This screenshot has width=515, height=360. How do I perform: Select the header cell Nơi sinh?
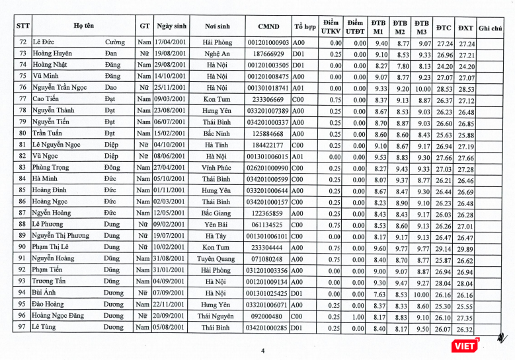coord(217,26)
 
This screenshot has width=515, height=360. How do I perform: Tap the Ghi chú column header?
coord(490,27)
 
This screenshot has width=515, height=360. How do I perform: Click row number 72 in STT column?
coord(22,42)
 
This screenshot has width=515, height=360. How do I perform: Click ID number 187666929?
coord(268,54)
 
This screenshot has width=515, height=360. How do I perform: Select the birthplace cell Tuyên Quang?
coord(217,258)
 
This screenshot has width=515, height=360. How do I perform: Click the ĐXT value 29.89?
coord(465,247)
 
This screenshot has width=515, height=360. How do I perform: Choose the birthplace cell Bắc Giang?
coord(217,213)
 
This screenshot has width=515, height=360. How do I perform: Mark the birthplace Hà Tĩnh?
coord(217,145)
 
